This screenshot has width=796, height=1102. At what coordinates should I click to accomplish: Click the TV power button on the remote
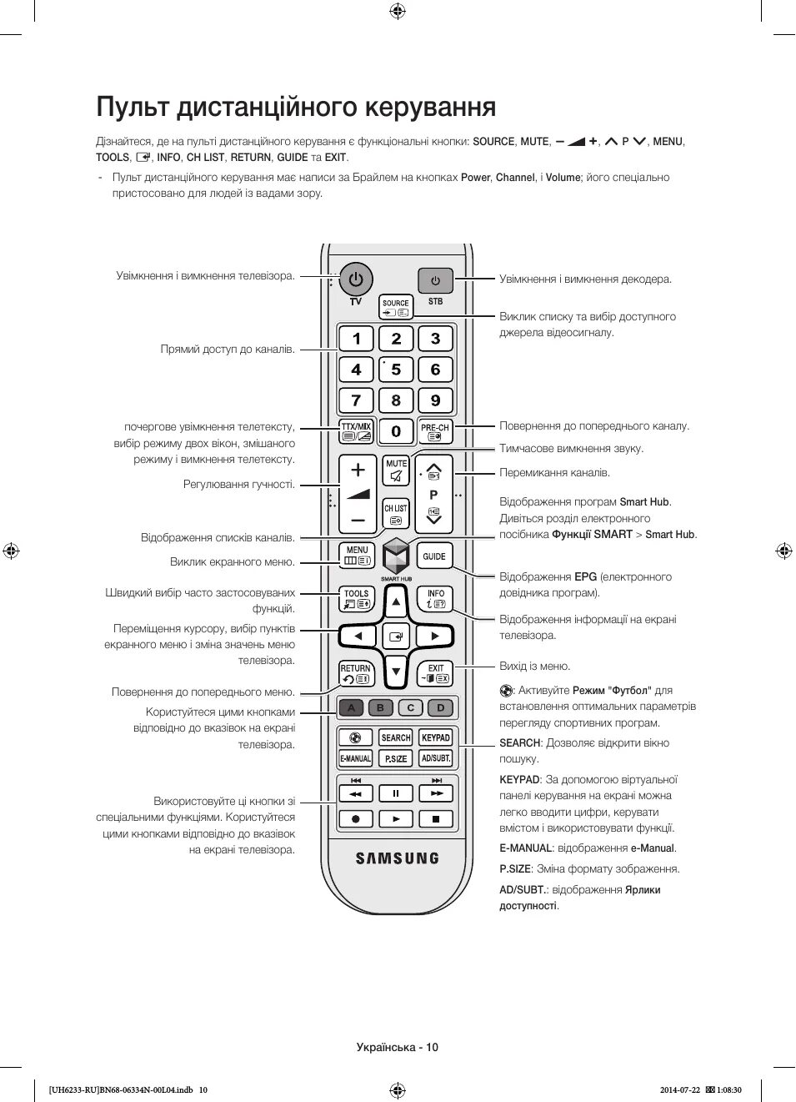[356, 279]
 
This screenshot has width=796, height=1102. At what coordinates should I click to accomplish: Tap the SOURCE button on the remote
[396, 308]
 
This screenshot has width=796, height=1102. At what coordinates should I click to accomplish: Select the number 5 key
[396, 370]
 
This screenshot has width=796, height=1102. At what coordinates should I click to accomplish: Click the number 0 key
[396, 430]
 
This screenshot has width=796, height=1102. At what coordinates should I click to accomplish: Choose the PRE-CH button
[435, 430]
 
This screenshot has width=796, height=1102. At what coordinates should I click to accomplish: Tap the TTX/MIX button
[356, 430]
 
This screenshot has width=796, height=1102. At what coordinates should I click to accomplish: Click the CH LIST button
[396, 513]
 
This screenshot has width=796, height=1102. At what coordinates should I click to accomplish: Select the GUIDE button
[434, 556]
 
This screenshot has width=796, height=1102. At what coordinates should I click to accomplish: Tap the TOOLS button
[357, 599]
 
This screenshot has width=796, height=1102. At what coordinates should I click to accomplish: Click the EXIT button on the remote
[435, 673]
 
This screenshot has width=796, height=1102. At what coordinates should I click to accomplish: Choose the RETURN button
[356, 673]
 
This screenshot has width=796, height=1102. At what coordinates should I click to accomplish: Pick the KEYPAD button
[435, 737]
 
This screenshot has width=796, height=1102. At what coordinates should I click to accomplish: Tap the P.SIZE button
[396, 758]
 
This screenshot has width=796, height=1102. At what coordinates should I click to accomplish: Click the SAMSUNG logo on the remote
[397, 858]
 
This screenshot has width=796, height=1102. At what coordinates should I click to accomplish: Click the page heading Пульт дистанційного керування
[296, 107]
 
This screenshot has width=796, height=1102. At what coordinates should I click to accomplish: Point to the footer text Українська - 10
[397, 1047]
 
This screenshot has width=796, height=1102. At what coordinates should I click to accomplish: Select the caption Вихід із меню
[535, 666]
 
